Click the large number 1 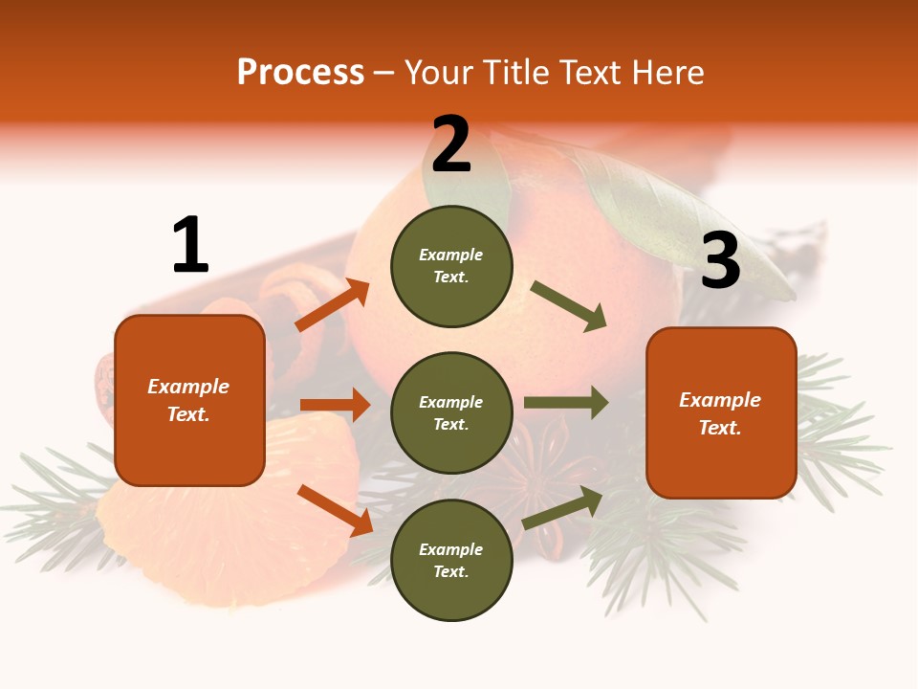[x=190, y=245]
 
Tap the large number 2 [x=451, y=144]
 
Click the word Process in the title [x=300, y=72]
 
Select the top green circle [x=451, y=266]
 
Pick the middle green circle [x=451, y=412]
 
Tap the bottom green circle [x=451, y=560]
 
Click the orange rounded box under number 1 [x=189, y=400]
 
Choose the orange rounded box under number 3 [x=721, y=412]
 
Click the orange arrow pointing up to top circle [x=333, y=305]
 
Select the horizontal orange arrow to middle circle [x=335, y=405]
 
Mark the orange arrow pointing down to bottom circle [x=335, y=510]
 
